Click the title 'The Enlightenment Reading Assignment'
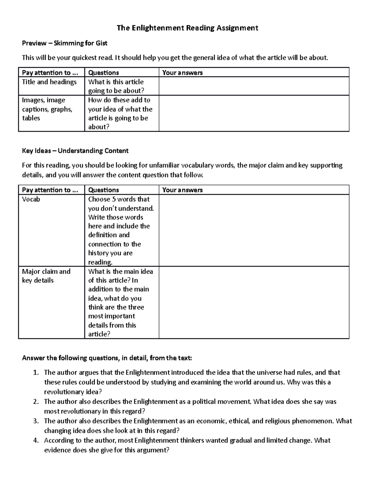coord(187,28)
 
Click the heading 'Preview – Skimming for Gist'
coord(64,43)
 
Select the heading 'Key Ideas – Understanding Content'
coord(75,151)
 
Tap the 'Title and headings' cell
coord(49,82)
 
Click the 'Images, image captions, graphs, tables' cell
coord(47,109)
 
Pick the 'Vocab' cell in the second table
coord(31,199)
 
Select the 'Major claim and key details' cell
coord(46,276)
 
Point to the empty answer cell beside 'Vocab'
coord(254,230)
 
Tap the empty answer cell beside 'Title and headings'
coord(254,86)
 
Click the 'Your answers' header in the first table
coord(182,73)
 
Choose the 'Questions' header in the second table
coord(103,190)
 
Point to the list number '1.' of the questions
coord(36,373)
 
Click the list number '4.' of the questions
coord(36,441)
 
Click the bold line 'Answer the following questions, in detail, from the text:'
coord(107,358)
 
